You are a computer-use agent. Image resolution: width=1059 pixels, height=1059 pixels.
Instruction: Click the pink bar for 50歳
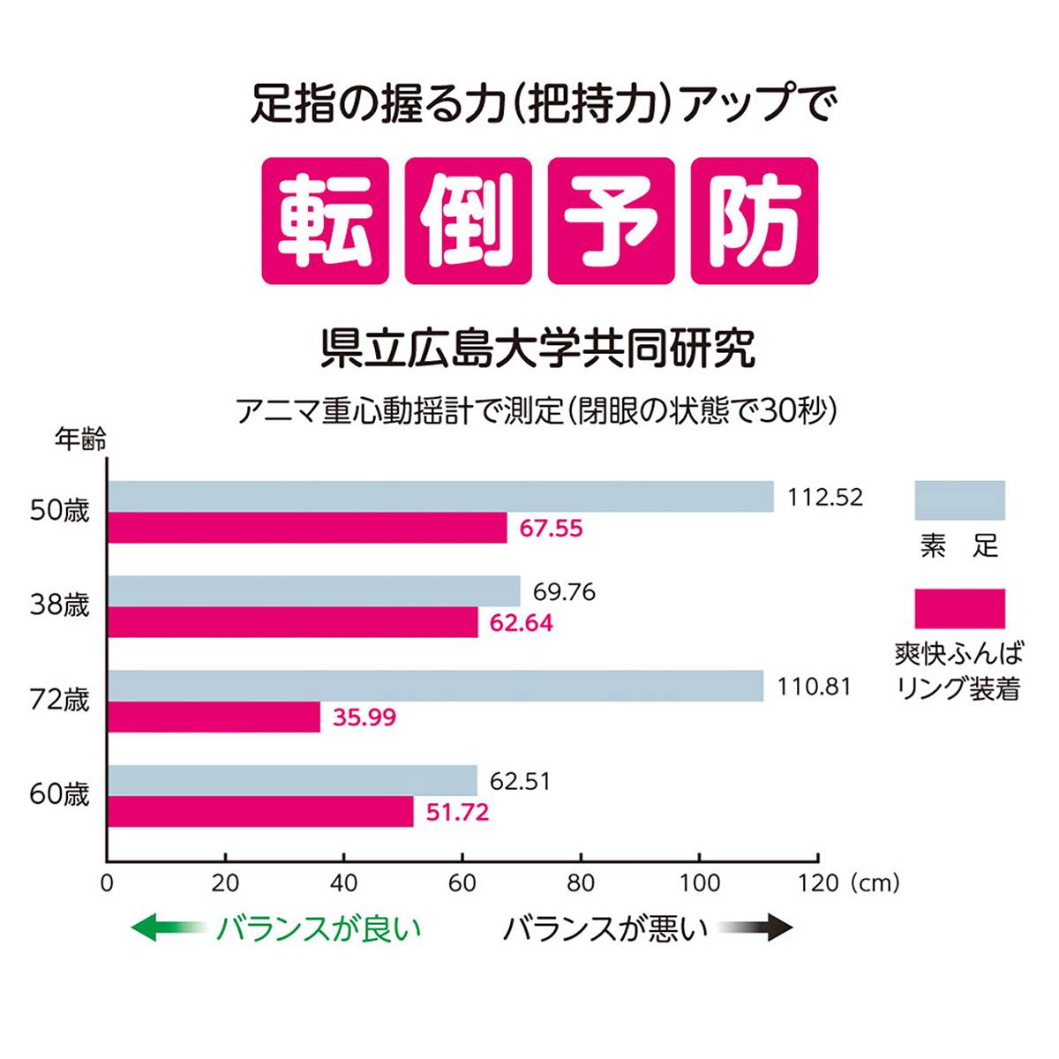[x=307, y=528]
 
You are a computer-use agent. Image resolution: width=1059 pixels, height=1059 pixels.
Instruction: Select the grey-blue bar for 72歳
[x=435, y=686]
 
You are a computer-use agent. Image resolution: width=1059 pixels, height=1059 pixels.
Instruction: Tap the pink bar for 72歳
[x=214, y=717]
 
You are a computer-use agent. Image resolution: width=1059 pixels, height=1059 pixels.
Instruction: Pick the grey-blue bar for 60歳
[x=292, y=780]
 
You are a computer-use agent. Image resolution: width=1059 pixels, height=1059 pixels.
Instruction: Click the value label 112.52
[x=825, y=498]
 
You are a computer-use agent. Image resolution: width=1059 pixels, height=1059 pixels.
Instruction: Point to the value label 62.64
[x=522, y=623]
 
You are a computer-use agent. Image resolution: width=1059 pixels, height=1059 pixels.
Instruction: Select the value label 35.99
[x=364, y=717]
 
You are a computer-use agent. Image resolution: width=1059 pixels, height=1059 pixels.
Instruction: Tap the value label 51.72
[x=457, y=812]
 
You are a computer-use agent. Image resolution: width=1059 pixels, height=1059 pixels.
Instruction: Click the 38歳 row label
[x=60, y=606]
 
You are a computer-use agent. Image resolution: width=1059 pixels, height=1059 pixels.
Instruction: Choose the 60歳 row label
[x=60, y=794]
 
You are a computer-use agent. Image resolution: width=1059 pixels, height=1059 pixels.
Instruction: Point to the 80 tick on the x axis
[x=581, y=883]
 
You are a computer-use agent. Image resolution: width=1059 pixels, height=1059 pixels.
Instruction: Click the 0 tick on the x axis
[x=107, y=883]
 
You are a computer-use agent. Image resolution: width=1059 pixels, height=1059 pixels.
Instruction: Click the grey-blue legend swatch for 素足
[x=959, y=500]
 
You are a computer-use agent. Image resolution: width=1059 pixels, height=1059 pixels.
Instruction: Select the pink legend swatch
[x=959, y=609]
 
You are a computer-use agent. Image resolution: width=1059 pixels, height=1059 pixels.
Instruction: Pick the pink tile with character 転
[x=325, y=221]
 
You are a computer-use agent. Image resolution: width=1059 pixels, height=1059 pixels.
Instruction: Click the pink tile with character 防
[x=754, y=221]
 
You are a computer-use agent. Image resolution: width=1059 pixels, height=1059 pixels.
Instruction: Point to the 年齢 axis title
[x=80, y=439]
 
